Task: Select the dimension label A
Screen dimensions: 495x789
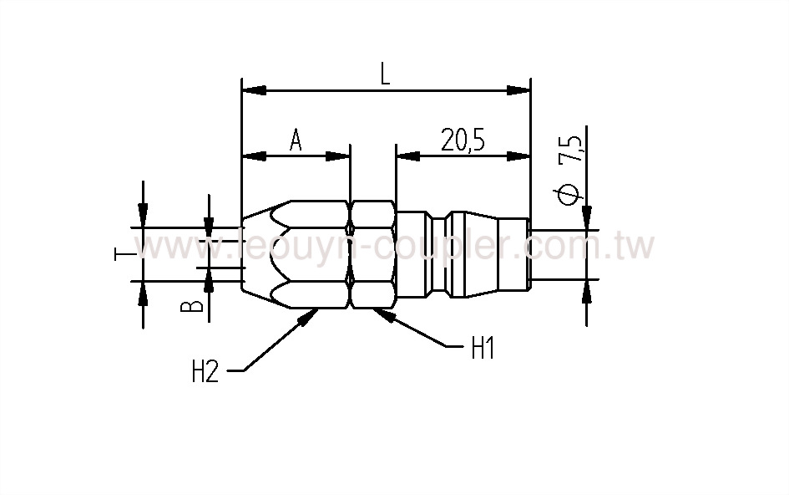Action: pyautogui.click(x=296, y=140)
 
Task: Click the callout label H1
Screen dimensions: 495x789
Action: pyautogui.click(x=483, y=349)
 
